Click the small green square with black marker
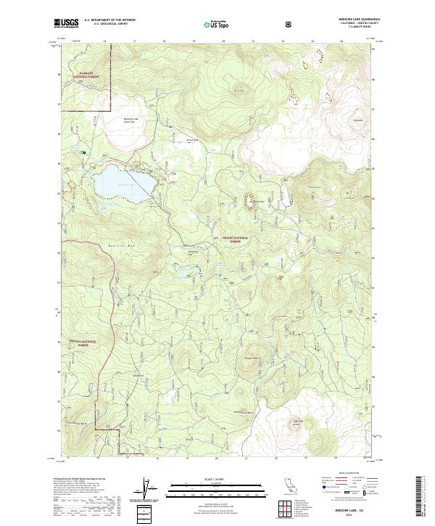pyautogui.click(x=84, y=152)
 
